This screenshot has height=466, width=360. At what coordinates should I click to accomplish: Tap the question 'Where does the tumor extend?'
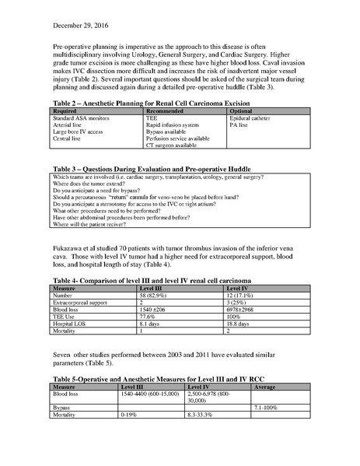88,206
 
